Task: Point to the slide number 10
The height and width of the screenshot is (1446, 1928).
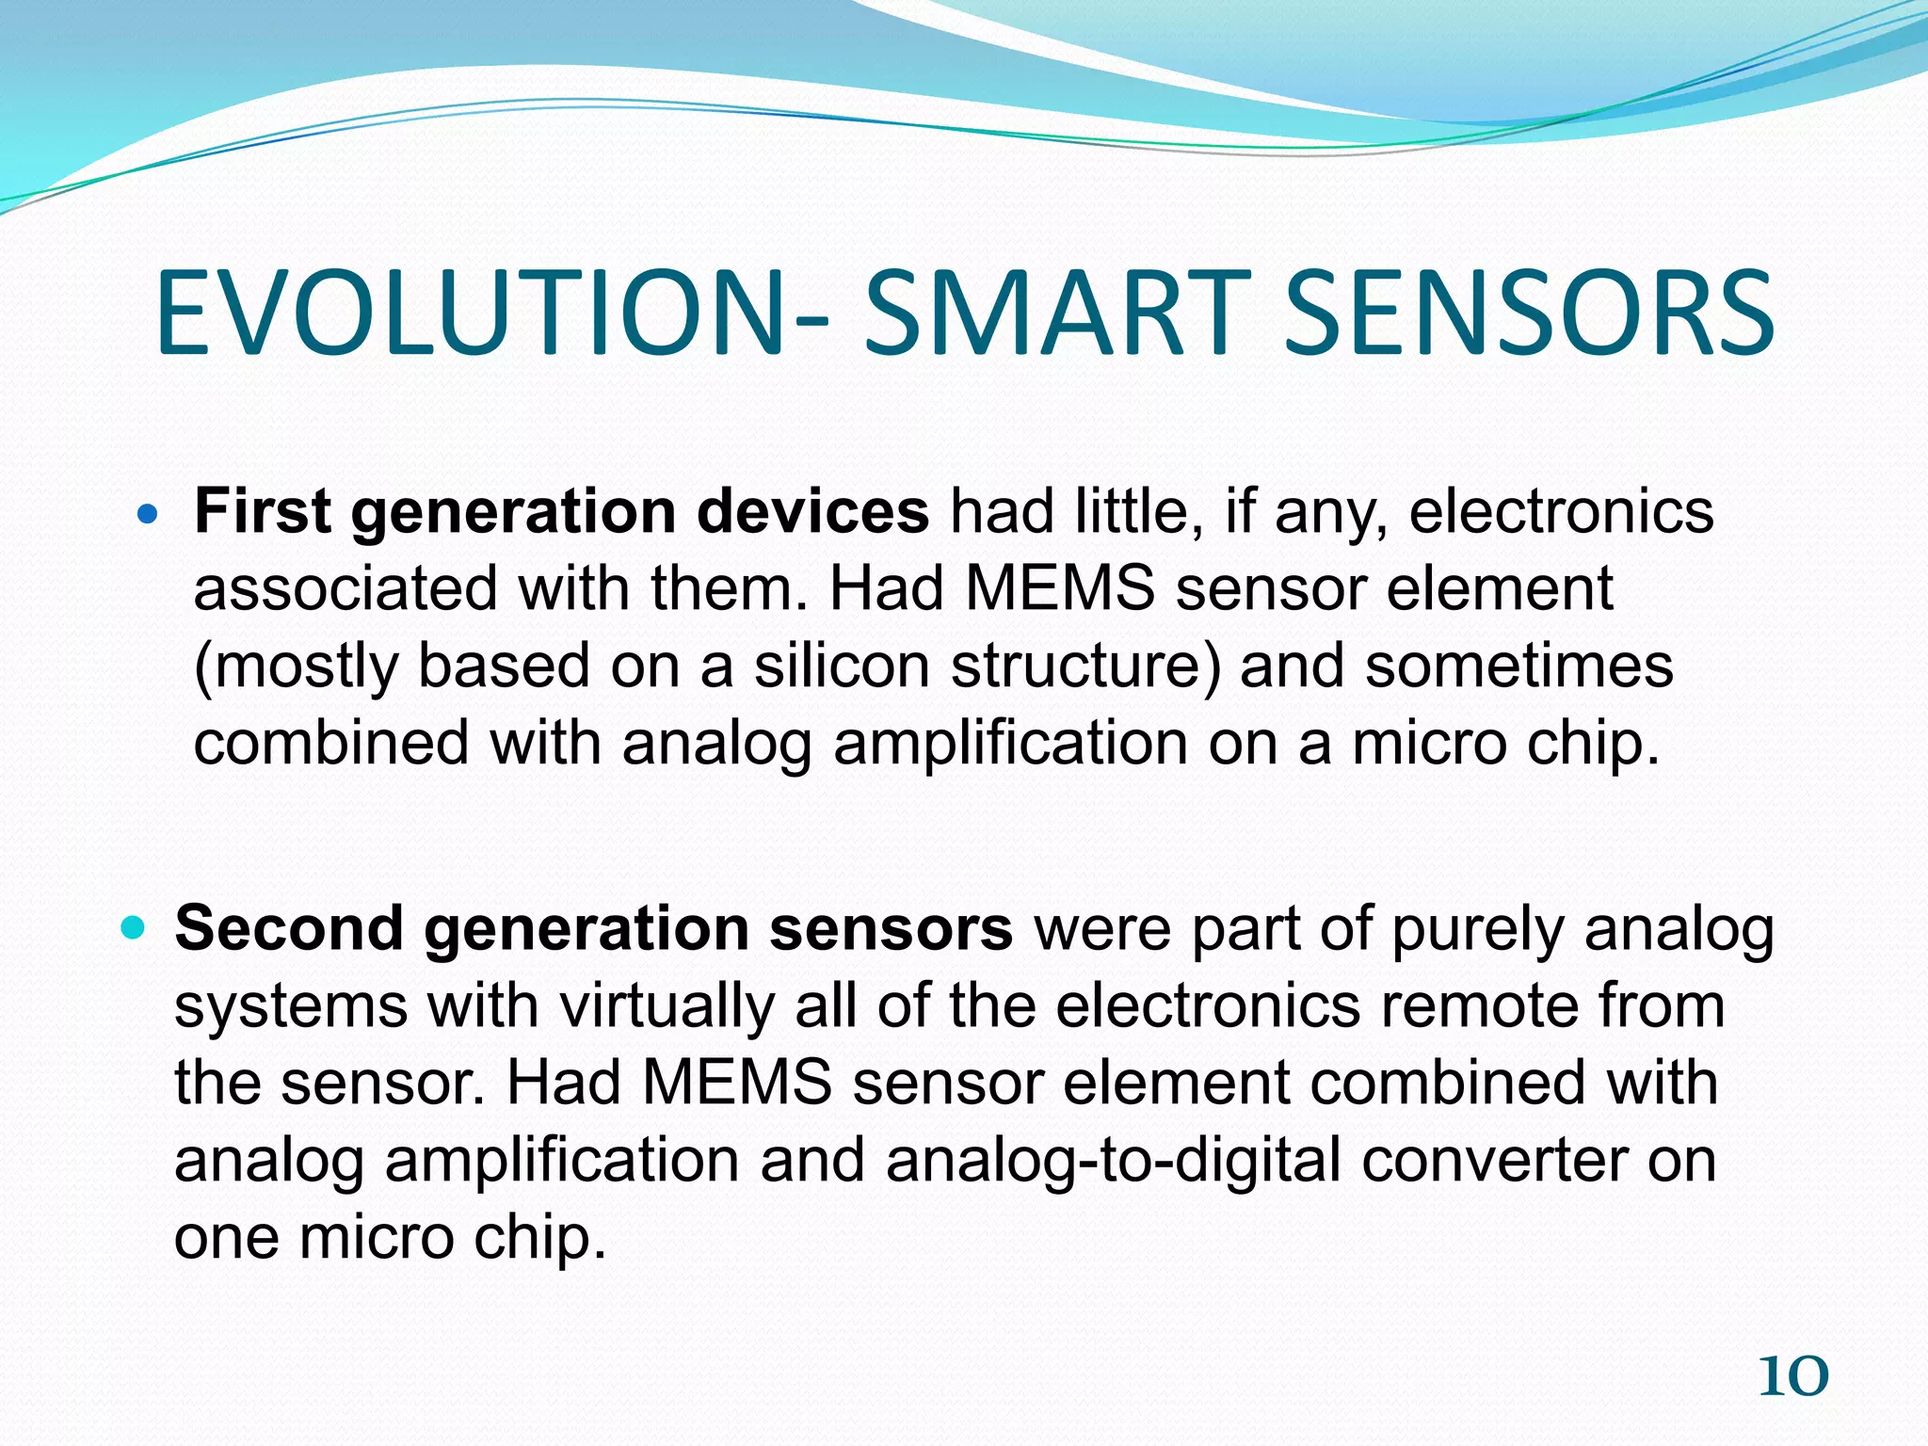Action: coord(1792,1377)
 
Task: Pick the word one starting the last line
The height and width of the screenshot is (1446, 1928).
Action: coord(225,1237)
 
